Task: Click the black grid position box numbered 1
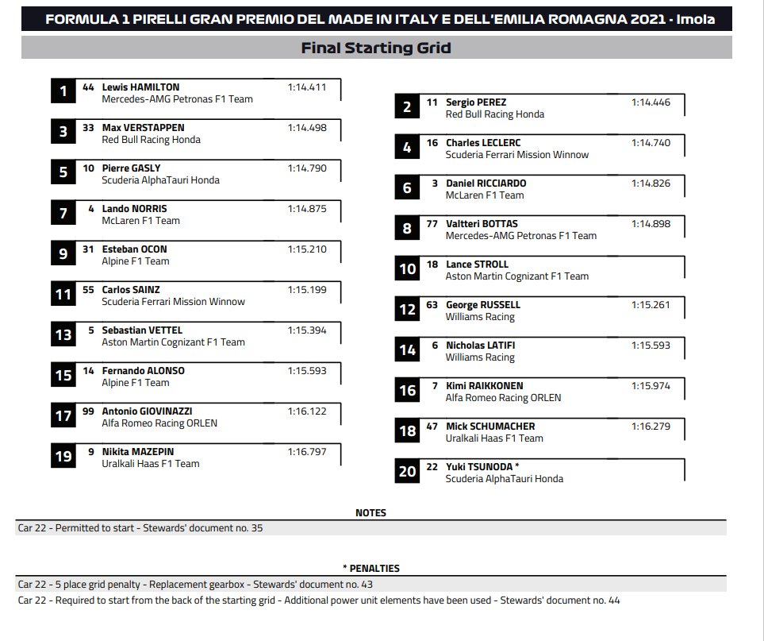point(63,91)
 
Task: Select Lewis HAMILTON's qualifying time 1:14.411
point(307,87)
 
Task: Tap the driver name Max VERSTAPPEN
point(143,128)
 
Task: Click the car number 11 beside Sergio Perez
point(432,102)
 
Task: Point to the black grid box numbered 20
point(407,471)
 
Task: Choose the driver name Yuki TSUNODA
point(479,467)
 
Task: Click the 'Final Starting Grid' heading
point(376,48)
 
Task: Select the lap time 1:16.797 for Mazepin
point(307,452)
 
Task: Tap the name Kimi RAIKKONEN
point(484,386)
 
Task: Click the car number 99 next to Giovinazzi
point(88,411)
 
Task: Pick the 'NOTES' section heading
point(370,513)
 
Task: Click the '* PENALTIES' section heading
point(370,569)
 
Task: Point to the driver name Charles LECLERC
point(483,143)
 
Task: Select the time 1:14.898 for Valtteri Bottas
point(651,224)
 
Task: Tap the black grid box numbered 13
point(63,334)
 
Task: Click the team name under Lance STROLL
point(517,276)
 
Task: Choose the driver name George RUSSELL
point(483,305)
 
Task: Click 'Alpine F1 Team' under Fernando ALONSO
point(136,383)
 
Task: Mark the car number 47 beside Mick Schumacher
point(432,427)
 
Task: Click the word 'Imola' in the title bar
point(695,19)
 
